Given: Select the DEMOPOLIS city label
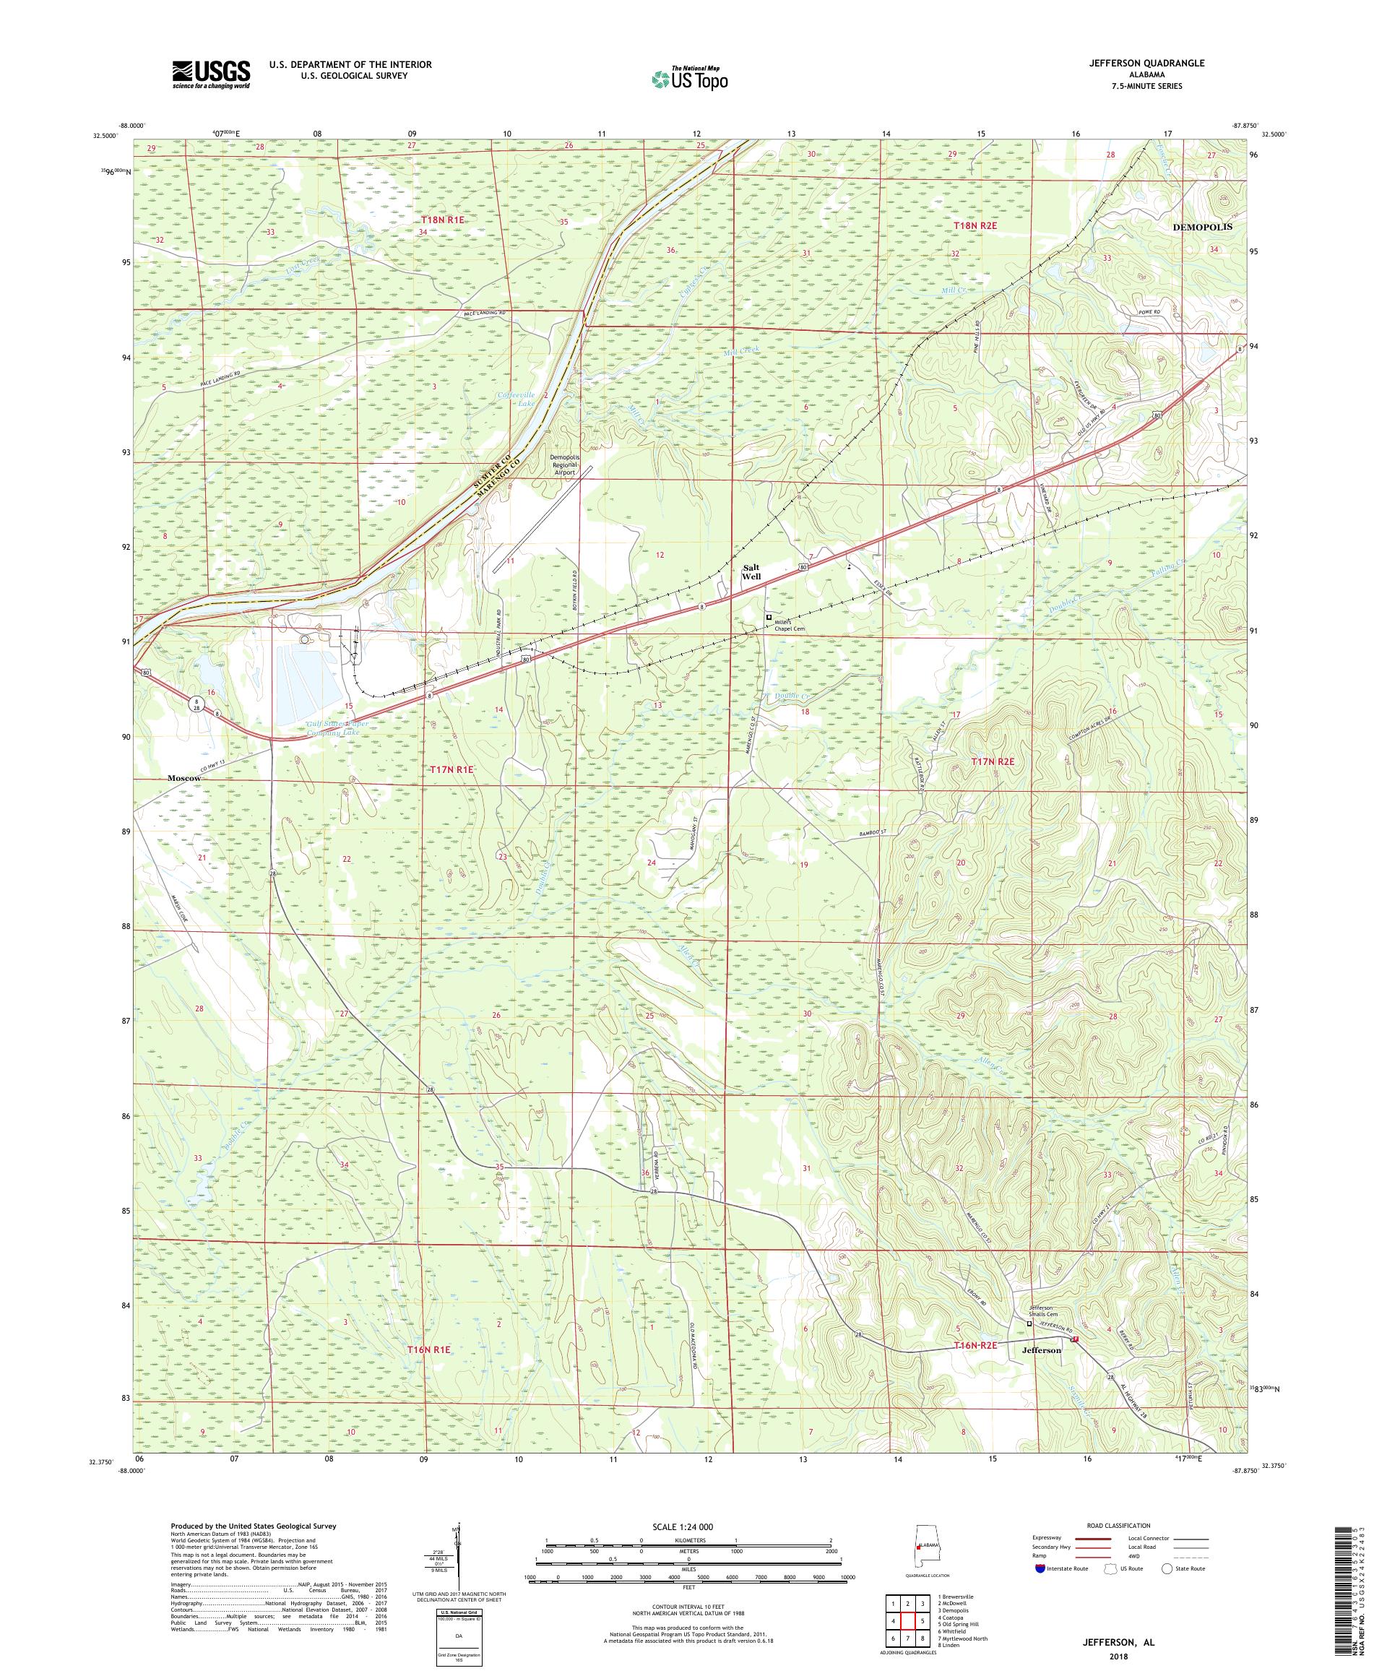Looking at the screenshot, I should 1202,227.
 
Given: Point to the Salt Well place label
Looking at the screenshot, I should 750,571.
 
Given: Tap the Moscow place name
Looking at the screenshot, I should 183,777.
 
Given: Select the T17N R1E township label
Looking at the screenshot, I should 451,769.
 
